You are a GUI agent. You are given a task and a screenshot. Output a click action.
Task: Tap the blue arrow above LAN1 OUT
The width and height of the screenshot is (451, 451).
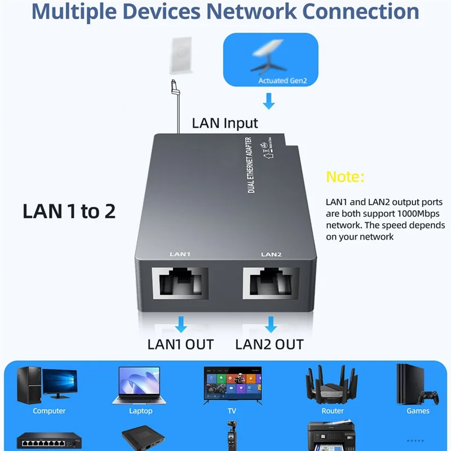(x=180, y=325)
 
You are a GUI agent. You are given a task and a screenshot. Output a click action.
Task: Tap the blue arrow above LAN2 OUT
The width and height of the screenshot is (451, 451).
(x=271, y=325)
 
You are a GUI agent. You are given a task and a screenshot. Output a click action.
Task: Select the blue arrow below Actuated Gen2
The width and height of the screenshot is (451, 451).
(x=269, y=101)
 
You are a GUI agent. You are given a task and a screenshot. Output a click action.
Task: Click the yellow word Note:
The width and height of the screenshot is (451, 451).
(x=346, y=176)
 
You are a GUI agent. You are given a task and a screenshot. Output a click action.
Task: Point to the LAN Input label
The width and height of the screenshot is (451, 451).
(x=225, y=123)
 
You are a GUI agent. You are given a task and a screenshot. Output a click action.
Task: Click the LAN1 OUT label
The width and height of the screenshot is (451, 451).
(x=180, y=344)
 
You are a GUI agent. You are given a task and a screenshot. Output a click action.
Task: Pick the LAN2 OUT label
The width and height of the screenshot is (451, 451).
(x=269, y=344)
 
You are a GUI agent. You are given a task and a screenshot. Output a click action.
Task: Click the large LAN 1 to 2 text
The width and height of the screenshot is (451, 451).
(x=69, y=211)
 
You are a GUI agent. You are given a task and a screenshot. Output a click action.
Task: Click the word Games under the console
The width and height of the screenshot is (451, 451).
(x=418, y=411)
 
